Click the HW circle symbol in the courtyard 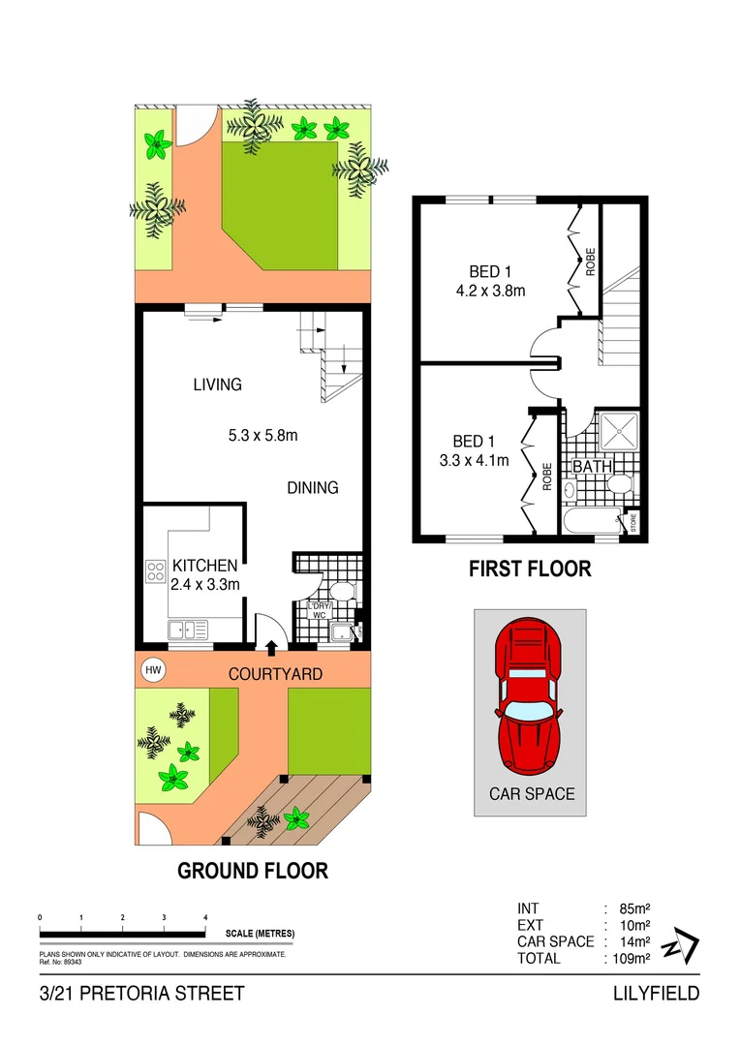coord(152,669)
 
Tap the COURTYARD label coord(275,673)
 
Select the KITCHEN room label coord(204,566)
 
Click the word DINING coord(312,488)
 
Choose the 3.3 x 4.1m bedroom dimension coord(473,460)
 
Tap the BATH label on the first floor coord(592,467)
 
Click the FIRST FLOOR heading coord(529,569)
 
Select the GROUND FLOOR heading coord(252,871)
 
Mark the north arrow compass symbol coord(678,943)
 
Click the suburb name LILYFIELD coord(656,993)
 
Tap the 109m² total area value coord(629,958)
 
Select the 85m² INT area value coord(632,908)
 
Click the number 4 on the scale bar coord(205,917)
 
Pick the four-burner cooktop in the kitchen coord(155,570)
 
